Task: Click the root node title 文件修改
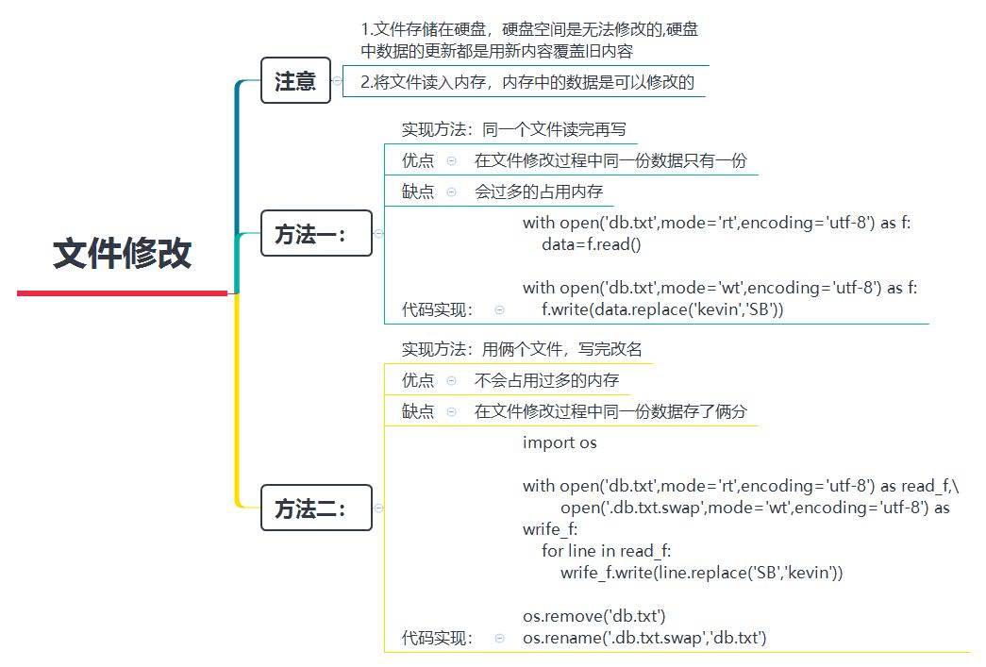click(123, 254)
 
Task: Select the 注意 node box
click(295, 81)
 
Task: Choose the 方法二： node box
click(315, 509)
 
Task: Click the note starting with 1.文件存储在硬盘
click(529, 40)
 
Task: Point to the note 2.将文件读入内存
click(527, 82)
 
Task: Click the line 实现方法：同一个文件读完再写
click(513, 129)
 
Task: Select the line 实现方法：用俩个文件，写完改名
click(521, 349)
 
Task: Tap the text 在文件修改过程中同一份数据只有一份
click(610, 160)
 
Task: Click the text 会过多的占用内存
click(539, 192)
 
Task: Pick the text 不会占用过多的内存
click(546, 380)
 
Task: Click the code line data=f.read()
click(591, 244)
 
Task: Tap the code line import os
click(560, 442)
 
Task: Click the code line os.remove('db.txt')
click(594, 617)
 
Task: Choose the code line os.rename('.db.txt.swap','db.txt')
click(644, 639)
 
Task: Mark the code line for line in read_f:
click(607, 551)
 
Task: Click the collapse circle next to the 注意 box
click(338, 81)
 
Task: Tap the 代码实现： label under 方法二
click(438, 639)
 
